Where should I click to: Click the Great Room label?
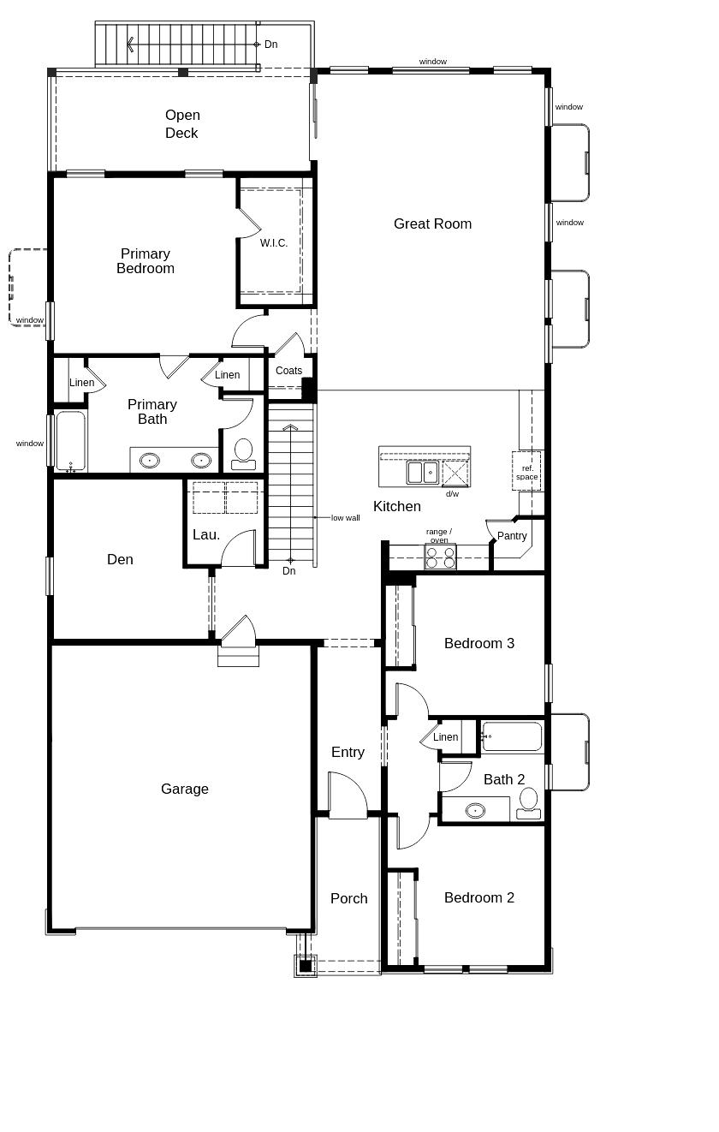(x=432, y=223)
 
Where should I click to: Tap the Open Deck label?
(x=181, y=124)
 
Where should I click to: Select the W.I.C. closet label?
(x=274, y=243)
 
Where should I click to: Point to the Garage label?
(x=185, y=789)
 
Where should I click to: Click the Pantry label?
(x=512, y=536)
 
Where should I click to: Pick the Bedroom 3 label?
(x=479, y=643)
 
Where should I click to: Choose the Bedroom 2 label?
(x=479, y=897)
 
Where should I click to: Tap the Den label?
(x=120, y=559)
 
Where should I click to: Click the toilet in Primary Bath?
(x=243, y=453)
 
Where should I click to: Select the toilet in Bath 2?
(x=528, y=802)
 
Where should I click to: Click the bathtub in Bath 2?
(x=512, y=736)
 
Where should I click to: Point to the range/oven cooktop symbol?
(x=440, y=557)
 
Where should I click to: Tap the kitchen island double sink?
(x=422, y=473)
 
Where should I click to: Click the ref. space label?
(x=527, y=472)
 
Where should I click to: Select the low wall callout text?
(x=346, y=518)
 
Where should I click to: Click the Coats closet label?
(x=288, y=371)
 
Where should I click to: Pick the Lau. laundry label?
(x=206, y=534)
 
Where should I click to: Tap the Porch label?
(x=349, y=898)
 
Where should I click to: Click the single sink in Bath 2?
(x=475, y=810)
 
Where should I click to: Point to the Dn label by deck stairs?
(x=270, y=45)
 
